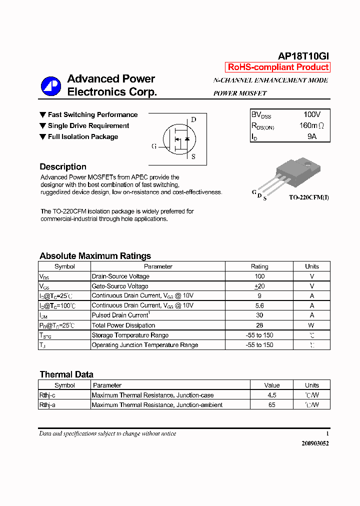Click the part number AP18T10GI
303,56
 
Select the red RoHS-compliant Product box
278,67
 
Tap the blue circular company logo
50,85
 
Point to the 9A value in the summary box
312,136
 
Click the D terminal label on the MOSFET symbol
193,119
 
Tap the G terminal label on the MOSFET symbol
154,146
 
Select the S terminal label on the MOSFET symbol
193,156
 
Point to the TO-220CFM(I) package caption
309,197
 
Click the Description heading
63,167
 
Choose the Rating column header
259,266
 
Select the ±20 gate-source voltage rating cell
259,286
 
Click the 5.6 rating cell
259,305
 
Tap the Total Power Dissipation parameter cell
123,325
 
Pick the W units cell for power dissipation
311,325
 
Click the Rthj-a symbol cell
47,405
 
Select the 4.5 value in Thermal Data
272,395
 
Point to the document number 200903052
315,443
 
